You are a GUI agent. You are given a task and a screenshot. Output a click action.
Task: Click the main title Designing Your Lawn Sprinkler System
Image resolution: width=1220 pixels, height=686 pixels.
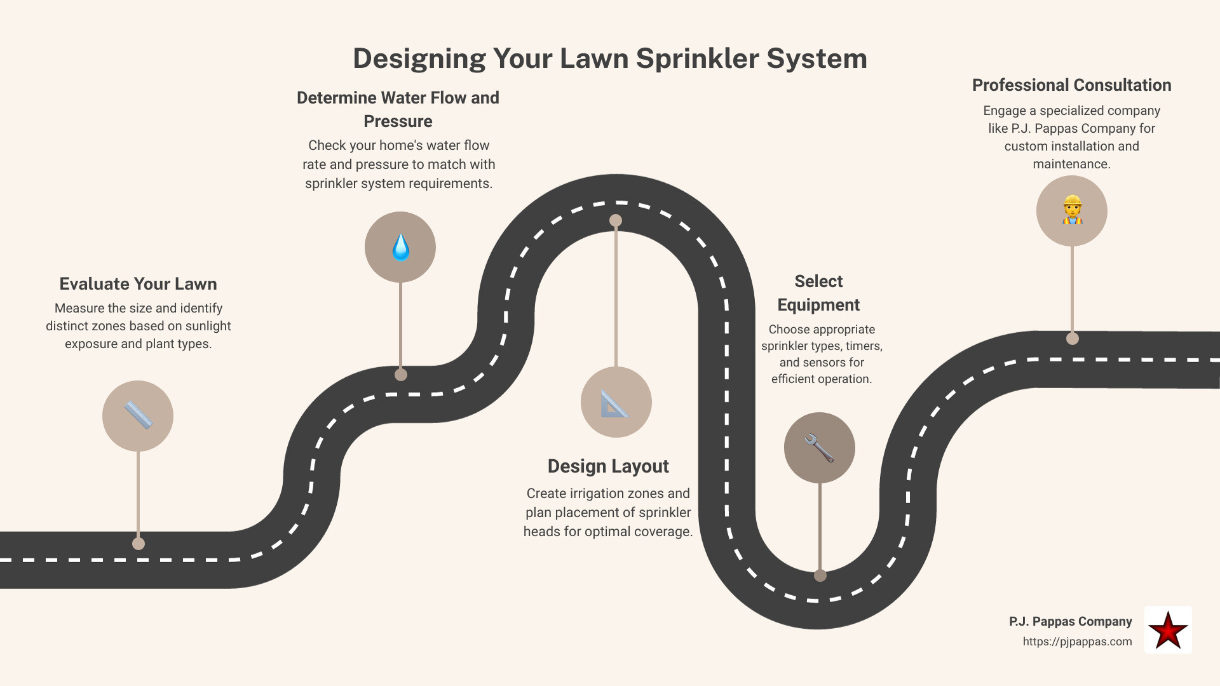[610, 58]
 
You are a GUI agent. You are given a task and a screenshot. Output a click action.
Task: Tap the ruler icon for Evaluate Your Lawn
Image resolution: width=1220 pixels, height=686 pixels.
[138, 416]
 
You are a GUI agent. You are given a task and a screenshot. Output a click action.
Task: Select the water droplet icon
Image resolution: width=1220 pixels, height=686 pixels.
[400, 247]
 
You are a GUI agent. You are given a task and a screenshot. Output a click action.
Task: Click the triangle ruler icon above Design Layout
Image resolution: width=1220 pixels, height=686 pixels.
[616, 402]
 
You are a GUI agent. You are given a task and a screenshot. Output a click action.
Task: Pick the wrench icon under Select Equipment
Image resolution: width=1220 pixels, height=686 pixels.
[819, 448]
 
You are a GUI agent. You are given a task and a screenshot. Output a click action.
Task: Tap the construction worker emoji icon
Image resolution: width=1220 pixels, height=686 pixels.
[1072, 210]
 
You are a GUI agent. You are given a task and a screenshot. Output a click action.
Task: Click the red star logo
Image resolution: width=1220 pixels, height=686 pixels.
[1168, 630]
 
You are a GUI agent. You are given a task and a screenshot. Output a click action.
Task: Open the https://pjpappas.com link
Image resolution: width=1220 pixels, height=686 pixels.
[1077, 642]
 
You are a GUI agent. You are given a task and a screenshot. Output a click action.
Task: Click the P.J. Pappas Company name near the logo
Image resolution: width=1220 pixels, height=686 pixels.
[1070, 621]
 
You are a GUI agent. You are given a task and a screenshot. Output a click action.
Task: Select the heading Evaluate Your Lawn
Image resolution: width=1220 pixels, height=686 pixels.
[138, 284]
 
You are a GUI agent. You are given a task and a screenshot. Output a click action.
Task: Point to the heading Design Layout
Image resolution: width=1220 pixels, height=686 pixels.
[608, 466]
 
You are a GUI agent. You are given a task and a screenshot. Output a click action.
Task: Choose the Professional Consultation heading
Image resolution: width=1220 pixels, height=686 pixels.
[1071, 85]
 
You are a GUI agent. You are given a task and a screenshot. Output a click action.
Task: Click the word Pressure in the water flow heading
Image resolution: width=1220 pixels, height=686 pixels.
[398, 121]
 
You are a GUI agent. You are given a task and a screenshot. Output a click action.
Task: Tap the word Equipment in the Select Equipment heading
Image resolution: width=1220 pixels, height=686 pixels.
[818, 305]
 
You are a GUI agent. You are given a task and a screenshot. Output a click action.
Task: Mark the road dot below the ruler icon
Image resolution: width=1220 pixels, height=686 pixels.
[139, 544]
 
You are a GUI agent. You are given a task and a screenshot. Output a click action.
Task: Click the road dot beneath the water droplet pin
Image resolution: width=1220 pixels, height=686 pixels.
[401, 375]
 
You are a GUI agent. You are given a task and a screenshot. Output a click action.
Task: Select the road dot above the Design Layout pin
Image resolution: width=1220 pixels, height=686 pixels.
[616, 220]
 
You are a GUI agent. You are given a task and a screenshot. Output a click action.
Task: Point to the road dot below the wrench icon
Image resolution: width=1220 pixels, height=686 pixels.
[820, 575]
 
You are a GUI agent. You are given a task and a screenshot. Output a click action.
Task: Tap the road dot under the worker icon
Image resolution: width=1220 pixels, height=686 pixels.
[1073, 339]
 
